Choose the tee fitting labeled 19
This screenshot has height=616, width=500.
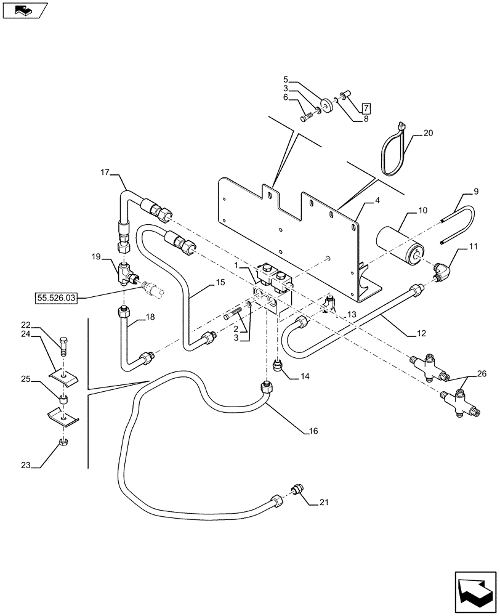[x=126, y=272]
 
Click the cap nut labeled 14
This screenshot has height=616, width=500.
[x=277, y=367]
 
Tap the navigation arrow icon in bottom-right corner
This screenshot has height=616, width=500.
[x=474, y=591]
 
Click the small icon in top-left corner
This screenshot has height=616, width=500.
[x=25, y=10]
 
